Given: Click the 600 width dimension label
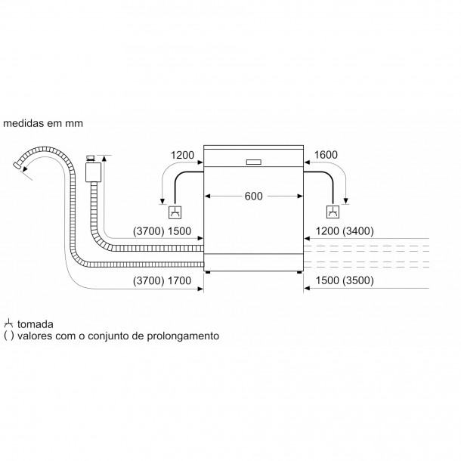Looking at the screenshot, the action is pos(253,196).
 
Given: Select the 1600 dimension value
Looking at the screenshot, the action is pos(326,155).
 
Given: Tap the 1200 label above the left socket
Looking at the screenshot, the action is pos(182,155).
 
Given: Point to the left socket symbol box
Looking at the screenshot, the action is pos(175,212).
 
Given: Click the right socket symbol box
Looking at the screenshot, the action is pos(333,212).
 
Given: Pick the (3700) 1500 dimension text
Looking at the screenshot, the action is pos(162,231).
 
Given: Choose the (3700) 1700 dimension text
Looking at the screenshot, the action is pos(162,281).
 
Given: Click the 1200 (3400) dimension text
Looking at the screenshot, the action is pos(345,231).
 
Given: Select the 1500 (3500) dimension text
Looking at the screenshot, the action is pos(345,280).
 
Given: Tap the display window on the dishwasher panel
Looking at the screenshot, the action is pos(253,162).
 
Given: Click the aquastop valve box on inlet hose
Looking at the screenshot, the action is pos(93,172).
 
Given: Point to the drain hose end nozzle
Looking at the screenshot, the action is pos(17,166).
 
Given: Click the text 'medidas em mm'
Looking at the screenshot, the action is pos(43,123).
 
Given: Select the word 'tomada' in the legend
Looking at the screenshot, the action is pos(36,324).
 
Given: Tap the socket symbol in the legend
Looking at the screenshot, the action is pos(8,323).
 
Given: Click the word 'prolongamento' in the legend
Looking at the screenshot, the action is pos(183,336).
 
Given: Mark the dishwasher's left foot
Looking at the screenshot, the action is pos(208,272).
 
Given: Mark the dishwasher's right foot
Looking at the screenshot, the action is pos(299,272).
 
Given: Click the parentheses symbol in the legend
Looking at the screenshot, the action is pos(9,336).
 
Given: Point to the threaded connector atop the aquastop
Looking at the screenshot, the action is pos(91,159).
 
